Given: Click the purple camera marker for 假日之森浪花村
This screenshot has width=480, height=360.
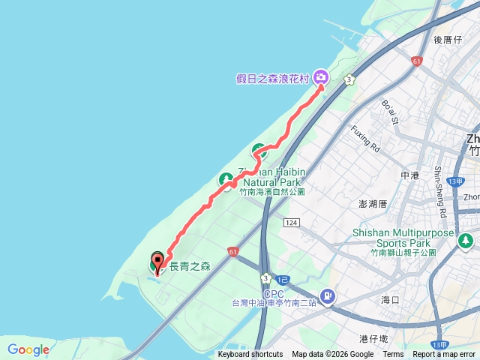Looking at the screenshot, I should pyautogui.click(x=321, y=76).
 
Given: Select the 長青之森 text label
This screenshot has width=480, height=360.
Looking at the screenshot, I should pyautogui.click(x=190, y=265).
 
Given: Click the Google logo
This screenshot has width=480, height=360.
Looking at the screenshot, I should pyautogui.click(x=28, y=349).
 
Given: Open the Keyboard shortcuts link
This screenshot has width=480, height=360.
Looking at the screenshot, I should pyautogui.click(x=250, y=355).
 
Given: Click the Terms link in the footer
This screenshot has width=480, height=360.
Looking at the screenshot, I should pyautogui.click(x=393, y=355).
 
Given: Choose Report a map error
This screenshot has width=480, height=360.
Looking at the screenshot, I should pyautogui.click(x=444, y=355).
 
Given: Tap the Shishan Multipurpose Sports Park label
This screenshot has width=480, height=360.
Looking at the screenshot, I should pyautogui.click(x=403, y=238).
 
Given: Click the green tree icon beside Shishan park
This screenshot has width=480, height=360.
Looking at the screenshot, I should pyautogui.click(x=466, y=241).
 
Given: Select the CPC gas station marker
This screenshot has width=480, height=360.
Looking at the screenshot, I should pyautogui.click(x=327, y=296).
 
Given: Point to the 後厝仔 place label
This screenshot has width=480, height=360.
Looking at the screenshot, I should pyautogui.click(x=448, y=39).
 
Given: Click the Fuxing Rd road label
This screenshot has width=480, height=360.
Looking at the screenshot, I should pyautogui.click(x=367, y=138).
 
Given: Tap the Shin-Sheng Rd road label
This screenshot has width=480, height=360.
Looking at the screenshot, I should pyautogui.click(x=440, y=191).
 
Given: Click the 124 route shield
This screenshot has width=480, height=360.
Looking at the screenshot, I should pyautogui.click(x=292, y=223).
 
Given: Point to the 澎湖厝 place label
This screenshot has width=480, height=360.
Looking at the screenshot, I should pyautogui.click(x=372, y=204).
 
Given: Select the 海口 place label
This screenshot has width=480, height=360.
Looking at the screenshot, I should pyautogui.click(x=390, y=299).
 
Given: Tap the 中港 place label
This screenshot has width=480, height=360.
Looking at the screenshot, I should pyautogui.click(x=409, y=175).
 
